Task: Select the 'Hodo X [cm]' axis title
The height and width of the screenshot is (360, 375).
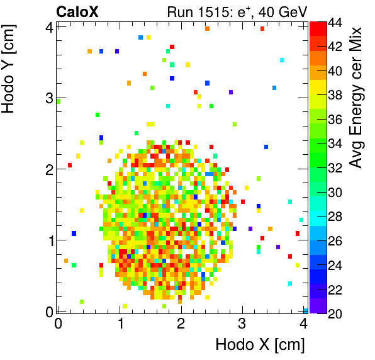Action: coord(260,345)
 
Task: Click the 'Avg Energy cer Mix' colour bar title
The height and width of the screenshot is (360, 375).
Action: coord(357,98)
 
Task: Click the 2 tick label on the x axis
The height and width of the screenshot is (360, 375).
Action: coord(181,323)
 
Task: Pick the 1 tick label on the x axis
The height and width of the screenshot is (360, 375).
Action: coord(120,323)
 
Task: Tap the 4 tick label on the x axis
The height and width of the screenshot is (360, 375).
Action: coord(304,323)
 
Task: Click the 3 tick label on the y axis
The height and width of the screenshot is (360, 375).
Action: coord(49,98)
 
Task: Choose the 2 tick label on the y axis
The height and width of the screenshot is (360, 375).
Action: coord(49,169)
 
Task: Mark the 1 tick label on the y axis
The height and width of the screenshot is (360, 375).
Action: coord(49,240)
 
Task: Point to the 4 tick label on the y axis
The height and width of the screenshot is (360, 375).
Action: coord(49,26)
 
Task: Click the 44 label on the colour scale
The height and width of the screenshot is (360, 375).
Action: coord(335,22)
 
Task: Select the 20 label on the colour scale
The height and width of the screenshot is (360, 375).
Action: coord(335,314)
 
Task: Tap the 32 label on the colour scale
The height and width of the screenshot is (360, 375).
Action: coord(335,168)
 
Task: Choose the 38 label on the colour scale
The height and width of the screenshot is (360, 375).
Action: coord(335,95)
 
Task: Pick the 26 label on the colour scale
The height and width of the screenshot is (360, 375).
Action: coord(335,241)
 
